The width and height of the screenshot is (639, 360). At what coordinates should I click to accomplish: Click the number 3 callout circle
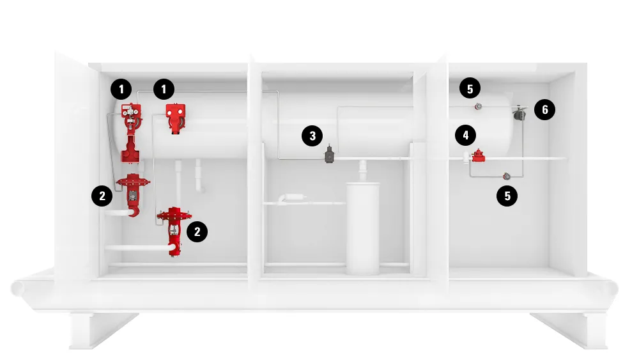click(312, 136)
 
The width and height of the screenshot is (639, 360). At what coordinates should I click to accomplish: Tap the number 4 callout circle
click(466, 135)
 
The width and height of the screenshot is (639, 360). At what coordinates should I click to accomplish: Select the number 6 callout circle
click(544, 109)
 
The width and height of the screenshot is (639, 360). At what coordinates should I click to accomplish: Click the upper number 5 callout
click(470, 88)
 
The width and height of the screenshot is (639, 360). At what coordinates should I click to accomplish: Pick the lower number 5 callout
click(507, 196)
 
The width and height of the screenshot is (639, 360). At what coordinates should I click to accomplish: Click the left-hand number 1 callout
click(121, 89)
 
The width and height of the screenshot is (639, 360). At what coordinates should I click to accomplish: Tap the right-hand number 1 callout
click(164, 89)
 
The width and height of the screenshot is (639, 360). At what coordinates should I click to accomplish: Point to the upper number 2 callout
click(102, 196)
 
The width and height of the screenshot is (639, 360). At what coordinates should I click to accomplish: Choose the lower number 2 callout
click(197, 231)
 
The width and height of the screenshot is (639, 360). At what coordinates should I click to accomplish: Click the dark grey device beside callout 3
click(329, 155)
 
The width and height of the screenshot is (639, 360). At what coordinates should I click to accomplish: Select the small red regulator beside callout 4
click(479, 156)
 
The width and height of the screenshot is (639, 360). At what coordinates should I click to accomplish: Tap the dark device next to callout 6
click(519, 113)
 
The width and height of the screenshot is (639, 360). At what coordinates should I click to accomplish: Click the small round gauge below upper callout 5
click(479, 107)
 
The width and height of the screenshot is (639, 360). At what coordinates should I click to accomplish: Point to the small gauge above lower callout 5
click(507, 176)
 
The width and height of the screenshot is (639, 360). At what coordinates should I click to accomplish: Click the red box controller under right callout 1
click(176, 118)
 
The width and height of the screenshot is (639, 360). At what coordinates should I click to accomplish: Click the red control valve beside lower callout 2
click(174, 231)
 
